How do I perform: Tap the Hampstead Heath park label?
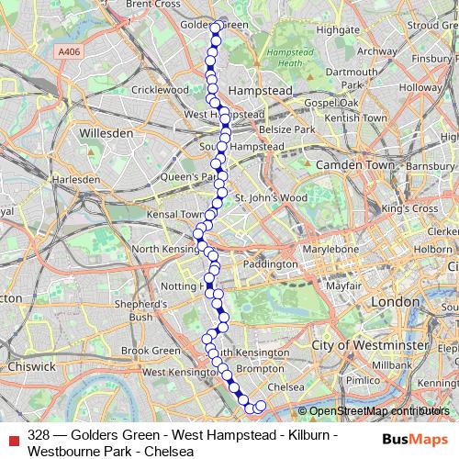tap(284, 58)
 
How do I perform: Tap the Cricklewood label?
tap(160, 90)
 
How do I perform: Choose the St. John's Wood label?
tap(270, 197)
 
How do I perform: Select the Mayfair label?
tap(342, 285)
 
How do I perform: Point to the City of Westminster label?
tap(368, 344)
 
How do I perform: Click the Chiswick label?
tap(30, 366)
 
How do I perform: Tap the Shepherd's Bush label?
tap(140, 310)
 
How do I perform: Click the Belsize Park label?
tap(287, 131)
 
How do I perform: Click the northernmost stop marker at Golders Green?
tap(217, 28)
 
